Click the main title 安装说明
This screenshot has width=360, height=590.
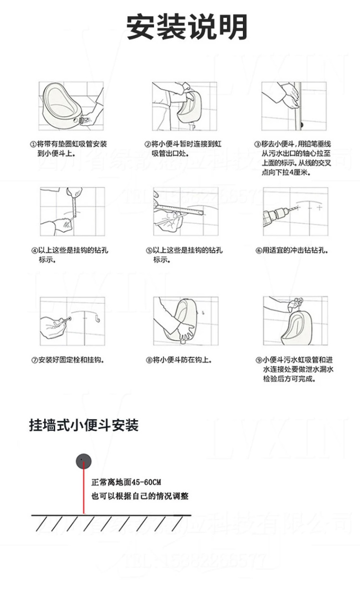point(187,27)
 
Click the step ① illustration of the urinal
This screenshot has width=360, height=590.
point(71,106)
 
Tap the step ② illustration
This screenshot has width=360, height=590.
point(184,106)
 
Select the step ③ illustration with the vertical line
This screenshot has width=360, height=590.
point(294,106)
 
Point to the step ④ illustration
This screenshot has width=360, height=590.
point(72,211)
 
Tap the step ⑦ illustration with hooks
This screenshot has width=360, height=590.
point(72,320)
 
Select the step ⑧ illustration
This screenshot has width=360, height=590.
point(185,320)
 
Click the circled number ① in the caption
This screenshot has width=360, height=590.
point(34,144)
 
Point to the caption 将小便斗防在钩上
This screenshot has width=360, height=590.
point(182,360)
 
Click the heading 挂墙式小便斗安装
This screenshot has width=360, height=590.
point(84,425)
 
